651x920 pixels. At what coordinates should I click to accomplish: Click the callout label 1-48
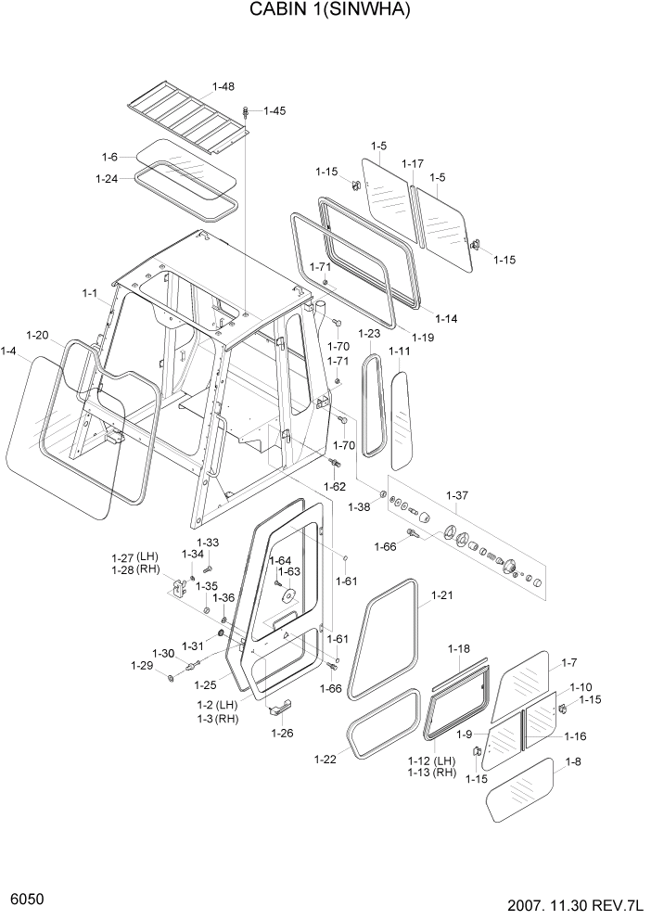click(223, 87)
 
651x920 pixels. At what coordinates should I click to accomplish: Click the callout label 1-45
click(274, 110)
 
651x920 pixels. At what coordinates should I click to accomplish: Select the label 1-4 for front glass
click(9, 351)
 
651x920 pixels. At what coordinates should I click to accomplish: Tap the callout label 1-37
click(457, 496)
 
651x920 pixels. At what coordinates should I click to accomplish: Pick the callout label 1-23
click(369, 334)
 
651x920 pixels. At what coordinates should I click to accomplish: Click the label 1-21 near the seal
click(441, 595)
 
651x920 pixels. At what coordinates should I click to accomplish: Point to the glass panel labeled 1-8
click(520, 788)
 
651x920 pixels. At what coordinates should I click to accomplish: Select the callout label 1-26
click(283, 733)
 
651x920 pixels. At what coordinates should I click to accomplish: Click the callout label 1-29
click(141, 665)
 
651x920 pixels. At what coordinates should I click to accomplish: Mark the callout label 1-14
click(446, 319)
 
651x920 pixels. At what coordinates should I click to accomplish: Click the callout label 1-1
click(90, 293)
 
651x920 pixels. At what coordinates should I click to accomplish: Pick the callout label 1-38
click(359, 506)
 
